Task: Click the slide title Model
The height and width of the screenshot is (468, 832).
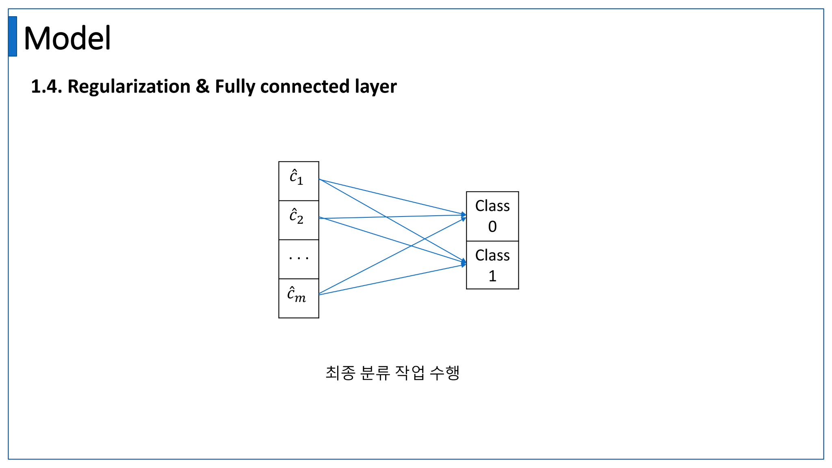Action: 67,38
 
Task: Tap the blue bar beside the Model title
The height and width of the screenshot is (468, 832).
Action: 13,36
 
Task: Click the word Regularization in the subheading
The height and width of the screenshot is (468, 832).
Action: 129,87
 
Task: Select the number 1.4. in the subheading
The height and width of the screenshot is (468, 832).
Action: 46,87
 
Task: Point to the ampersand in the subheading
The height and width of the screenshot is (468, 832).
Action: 202,87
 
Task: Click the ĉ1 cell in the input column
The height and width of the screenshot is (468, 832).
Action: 299,181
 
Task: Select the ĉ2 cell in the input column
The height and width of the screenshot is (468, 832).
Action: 299,220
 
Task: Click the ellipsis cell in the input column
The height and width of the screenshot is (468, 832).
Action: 299,259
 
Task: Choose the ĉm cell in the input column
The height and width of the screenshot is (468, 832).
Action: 299,298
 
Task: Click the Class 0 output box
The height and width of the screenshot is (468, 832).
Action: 492,216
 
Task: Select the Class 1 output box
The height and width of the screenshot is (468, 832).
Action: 492,265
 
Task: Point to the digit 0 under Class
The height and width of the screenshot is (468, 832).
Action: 492,227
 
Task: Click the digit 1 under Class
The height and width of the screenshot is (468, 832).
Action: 492,276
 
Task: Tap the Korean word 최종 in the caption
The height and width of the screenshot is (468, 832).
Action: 340,373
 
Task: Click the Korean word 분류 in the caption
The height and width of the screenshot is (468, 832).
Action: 375,373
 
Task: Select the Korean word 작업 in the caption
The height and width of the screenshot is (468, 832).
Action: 410,373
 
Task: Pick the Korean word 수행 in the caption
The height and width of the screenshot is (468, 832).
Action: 444,373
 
